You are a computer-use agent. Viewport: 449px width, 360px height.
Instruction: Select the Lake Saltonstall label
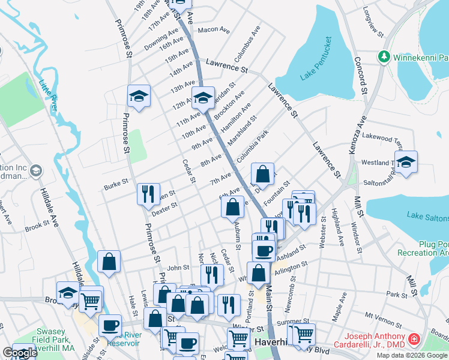(427, 215)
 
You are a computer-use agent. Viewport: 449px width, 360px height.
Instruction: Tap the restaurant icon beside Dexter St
(148, 194)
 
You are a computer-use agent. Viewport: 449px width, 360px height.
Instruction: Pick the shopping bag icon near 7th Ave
(262, 174)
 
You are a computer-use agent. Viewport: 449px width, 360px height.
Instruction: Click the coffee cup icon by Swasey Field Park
(109, 325)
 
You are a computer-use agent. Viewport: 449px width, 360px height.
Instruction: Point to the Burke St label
(116, 181)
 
